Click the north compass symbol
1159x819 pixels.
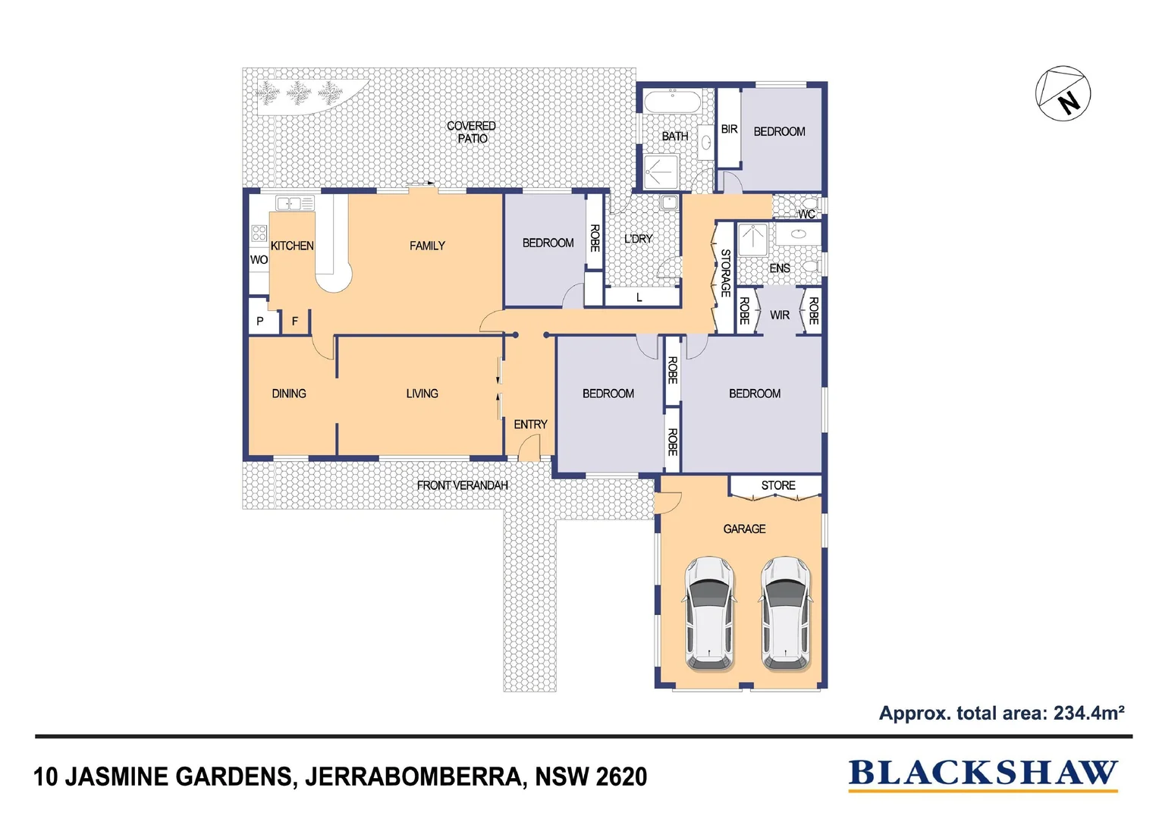point(1063,93)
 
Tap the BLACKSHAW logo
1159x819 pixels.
point(982,773)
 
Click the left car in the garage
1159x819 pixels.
point(709,613)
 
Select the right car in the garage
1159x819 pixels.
point(786,613)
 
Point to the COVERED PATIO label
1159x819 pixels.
point(471,132)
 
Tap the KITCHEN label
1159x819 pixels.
point(292,246)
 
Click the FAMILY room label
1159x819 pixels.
point(427,246)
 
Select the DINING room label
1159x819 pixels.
point(289,394)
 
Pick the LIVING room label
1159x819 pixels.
point(422,394)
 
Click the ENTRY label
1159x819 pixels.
point(530,425)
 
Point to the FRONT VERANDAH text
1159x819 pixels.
point(462,485)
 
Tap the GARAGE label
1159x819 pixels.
point(744,529)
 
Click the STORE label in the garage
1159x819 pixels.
point(778,485)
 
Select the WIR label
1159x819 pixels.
point(780,315)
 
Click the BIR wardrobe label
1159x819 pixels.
point(729,130)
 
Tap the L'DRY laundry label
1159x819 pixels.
point(638,239)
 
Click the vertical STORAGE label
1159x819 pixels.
point(725,273)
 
